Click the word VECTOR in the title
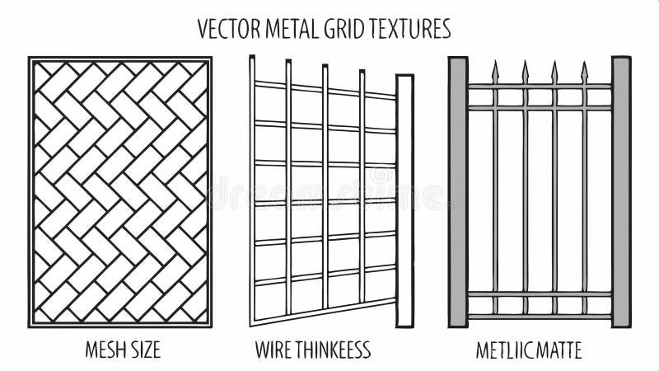(x=226, y=30)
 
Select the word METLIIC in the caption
(x=502, y=350)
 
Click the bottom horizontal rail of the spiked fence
(x=540, y=316)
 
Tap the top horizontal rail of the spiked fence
(x=540, y=86)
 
